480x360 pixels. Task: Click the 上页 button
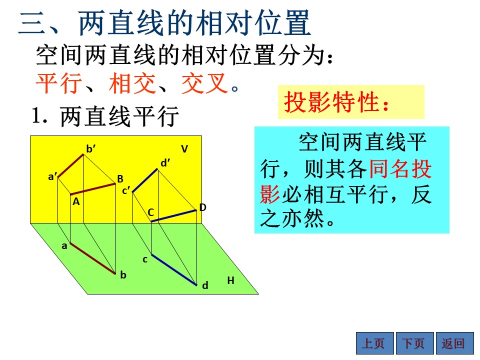(375, 343)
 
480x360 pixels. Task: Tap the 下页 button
(415, 343)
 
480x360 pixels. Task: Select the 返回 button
(455, 343)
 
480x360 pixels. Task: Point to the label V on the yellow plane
(184, 149)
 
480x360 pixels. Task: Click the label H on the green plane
(231, 280)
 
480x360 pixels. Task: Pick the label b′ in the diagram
(90, 149)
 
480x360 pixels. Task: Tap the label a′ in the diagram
(52, 176)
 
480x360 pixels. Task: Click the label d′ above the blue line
(165, 163)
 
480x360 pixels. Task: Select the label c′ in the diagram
(126, 190)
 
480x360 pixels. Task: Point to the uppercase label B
(120, 179)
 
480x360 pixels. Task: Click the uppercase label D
(202, 207)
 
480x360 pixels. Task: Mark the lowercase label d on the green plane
(205, 285)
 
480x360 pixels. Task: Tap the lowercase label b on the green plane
(123, 275)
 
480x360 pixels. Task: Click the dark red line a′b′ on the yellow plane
(70, 165)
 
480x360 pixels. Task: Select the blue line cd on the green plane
(174, 270)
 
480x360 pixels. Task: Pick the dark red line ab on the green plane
(93, 258)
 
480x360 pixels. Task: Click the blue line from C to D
(173, 216)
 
